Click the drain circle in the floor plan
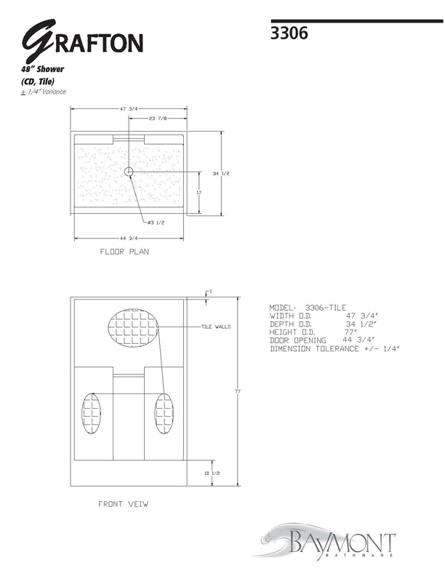129,172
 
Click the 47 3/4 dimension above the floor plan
129,109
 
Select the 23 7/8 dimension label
158,119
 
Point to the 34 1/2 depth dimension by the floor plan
221,173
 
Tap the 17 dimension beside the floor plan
199,193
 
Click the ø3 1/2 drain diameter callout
156,223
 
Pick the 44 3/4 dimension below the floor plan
129,238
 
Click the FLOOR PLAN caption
124,252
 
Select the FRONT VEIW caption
124,504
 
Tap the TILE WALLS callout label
216,327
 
